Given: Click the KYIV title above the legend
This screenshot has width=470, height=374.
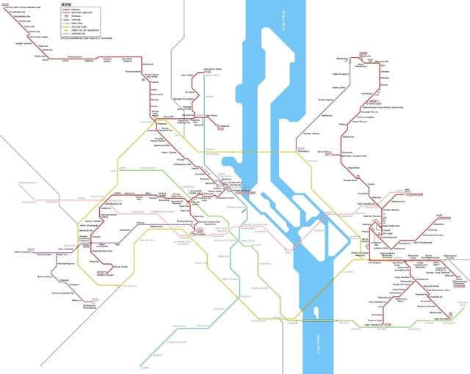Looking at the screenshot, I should click(x=66, y=4).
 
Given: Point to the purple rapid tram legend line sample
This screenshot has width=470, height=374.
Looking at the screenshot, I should click(x=65, y=12).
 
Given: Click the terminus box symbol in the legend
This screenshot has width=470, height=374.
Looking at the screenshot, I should click(x=65, y=15).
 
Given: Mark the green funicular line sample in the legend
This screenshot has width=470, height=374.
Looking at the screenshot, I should click(x=65, y=19).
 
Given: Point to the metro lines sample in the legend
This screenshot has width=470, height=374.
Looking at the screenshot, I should click(x=65, y=23).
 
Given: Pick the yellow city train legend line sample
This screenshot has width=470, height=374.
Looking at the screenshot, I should click(x=65, y=26).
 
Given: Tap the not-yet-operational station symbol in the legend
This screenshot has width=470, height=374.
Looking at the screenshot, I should click(x=65, y=30).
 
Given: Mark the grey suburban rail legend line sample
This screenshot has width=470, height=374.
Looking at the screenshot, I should click(x=65, y=34).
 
